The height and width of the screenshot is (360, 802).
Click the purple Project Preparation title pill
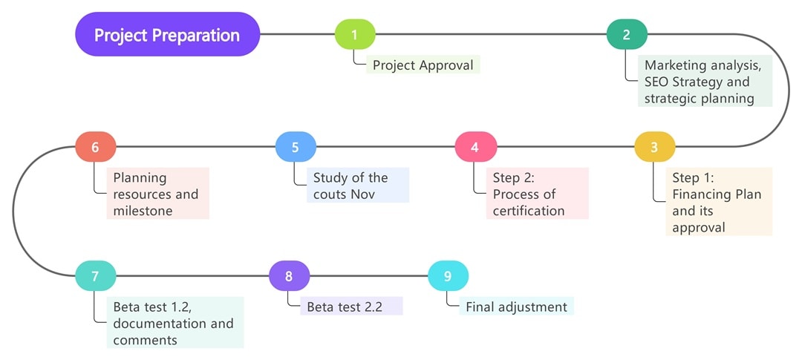coord(167,34)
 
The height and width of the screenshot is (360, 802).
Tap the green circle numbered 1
coord(355,34)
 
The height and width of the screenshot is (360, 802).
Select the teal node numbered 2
coord(627,34)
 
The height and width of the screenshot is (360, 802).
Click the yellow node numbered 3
coord(654,147)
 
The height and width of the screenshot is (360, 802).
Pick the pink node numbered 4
coord(475,147)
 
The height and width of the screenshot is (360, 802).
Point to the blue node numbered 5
coord(295,147)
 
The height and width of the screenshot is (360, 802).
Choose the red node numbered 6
coord(95,147)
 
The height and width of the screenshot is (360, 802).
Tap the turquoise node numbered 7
coord(95,276)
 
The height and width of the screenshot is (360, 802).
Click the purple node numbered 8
coord(289,276)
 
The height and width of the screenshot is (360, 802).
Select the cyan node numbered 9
coord(448,276)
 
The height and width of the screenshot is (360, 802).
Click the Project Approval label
coord(423,65)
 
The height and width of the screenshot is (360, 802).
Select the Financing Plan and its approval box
coord(718,202)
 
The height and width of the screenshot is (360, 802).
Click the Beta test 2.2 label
coord(351,307)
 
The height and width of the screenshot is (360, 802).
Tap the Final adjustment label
coord(516,307)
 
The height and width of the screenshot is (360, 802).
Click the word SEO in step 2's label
coord(659,82)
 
